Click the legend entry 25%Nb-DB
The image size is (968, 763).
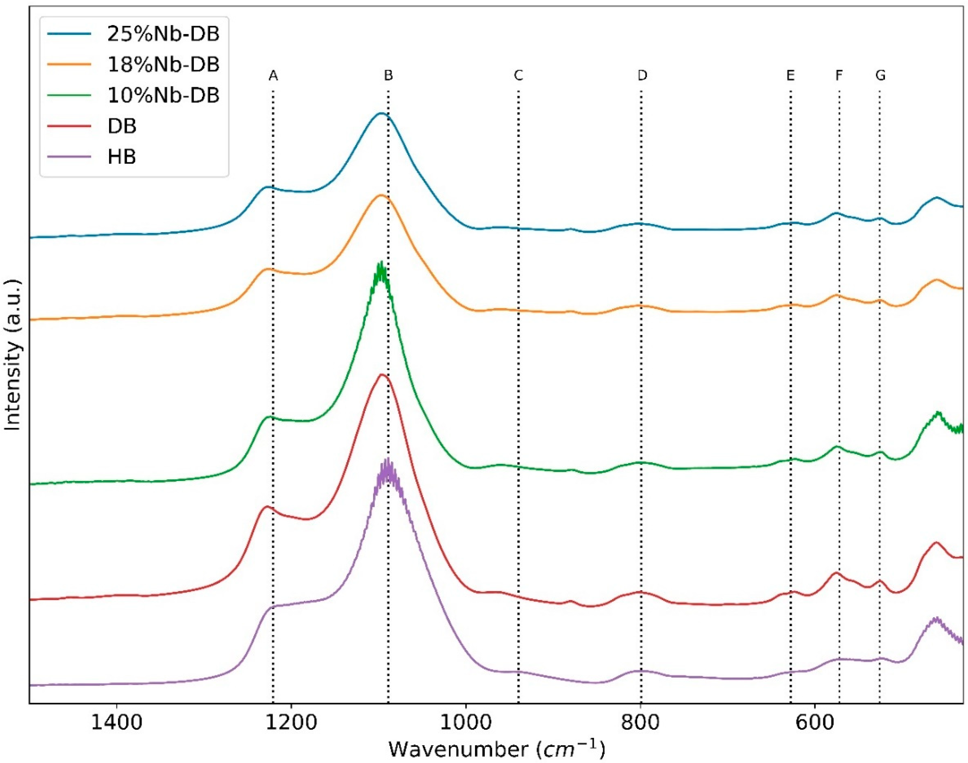[163, 34]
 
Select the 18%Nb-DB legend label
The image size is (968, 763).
[163, 65]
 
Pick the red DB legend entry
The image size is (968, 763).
[122, 126]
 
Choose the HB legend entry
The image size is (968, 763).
[122, 157]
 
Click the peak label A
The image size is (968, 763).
[273, 76]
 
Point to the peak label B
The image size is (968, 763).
[388, 76]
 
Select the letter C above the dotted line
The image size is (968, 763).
[518, 76]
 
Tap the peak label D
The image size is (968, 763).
[642, 76]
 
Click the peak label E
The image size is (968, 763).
[790, 76]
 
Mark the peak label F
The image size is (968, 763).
[839, 76]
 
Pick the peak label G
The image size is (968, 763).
[880, 76]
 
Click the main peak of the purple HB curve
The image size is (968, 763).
[387, 462]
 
